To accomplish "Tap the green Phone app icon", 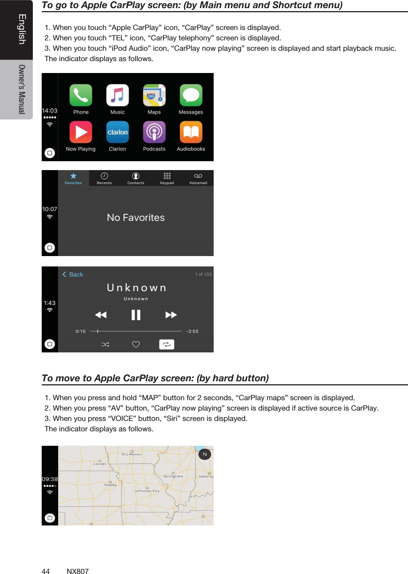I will click(81, 95).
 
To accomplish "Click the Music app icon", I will click(117, 95).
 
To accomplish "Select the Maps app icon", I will click(154, 95).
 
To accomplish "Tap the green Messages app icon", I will click(191, 95).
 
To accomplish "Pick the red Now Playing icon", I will click(81, 132).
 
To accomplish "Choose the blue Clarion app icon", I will click(117, 132).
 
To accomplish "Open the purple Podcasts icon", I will click(154, 132).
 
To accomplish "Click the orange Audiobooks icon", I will click(191, 132).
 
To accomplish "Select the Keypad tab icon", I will click(167, 176).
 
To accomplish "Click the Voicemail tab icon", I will click(198, 176).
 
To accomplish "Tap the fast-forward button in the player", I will click(171, 315).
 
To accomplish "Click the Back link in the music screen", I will click(73, 275).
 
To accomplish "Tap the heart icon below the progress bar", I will click(136, 344).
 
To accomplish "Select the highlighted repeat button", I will click(167, 344).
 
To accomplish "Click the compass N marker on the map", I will click(205, 454).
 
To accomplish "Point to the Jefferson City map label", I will click(147, 491).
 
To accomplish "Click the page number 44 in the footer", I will click(46, 571).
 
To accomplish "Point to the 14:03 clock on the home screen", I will click(50, 110).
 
